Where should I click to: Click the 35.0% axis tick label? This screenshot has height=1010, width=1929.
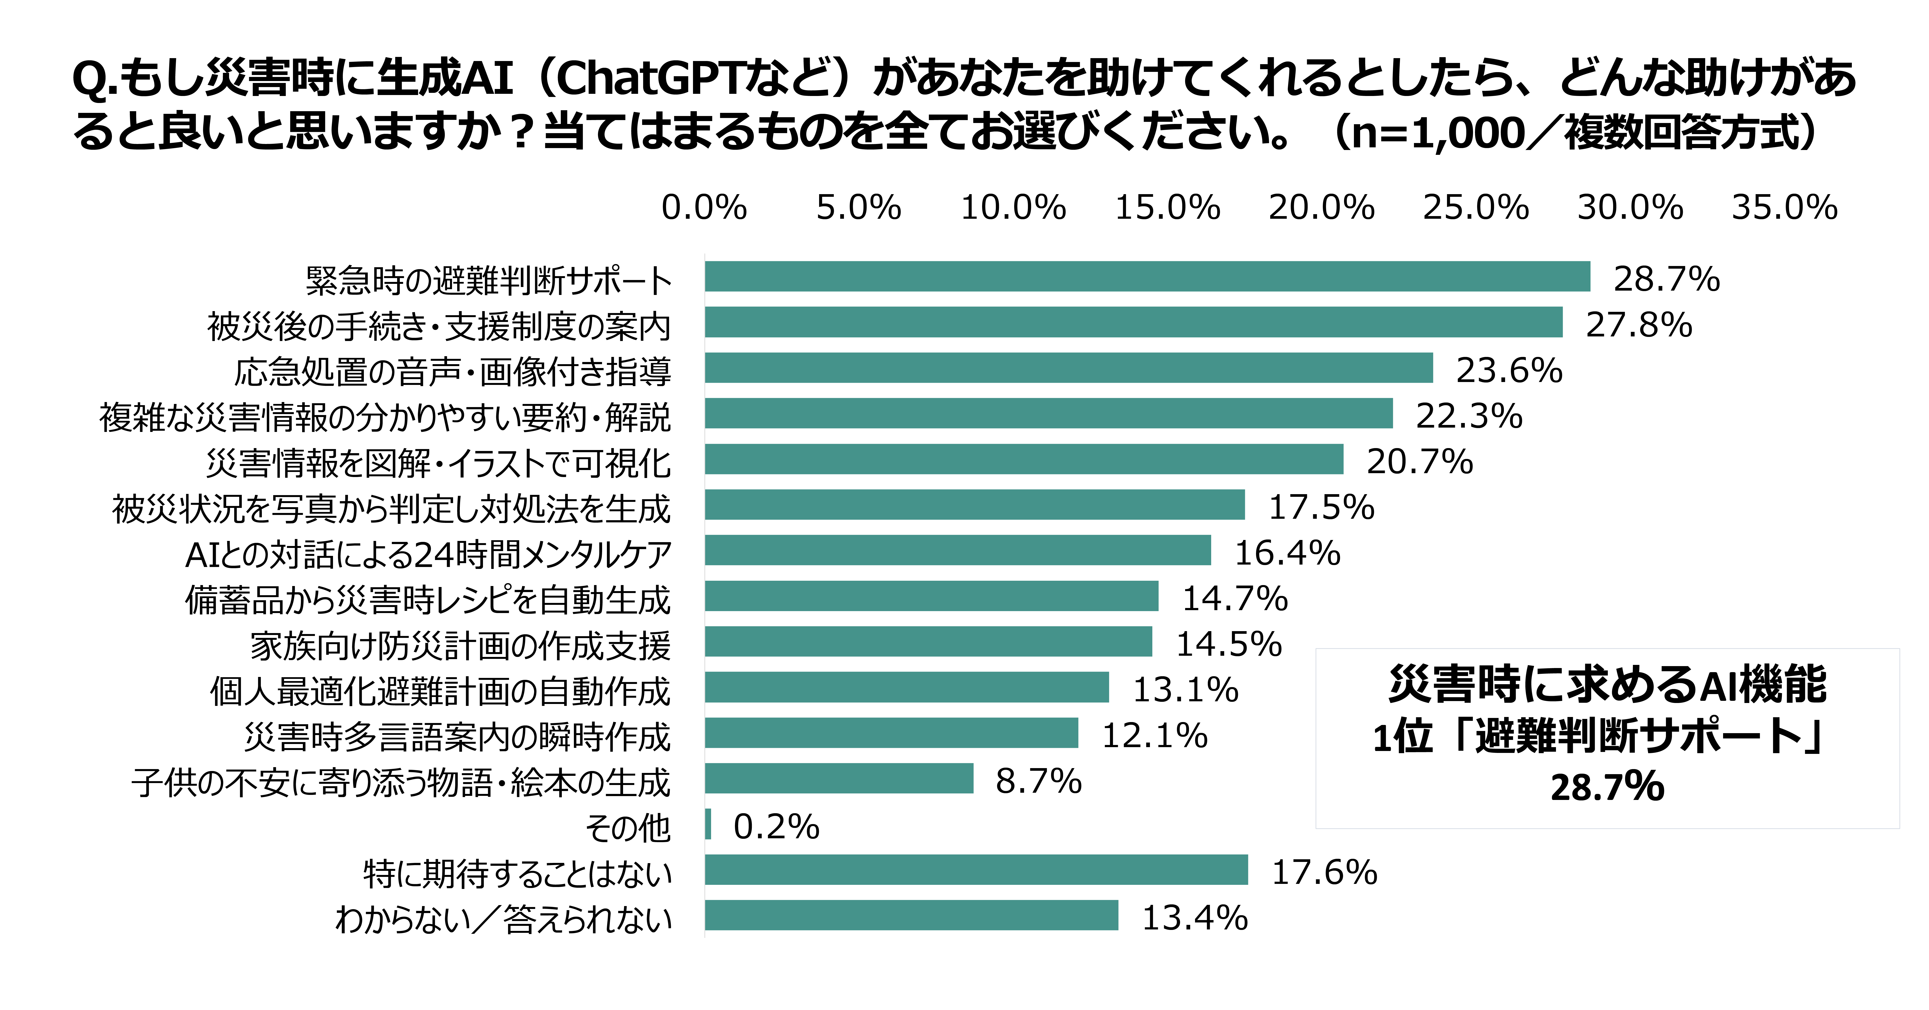coord(1785,207)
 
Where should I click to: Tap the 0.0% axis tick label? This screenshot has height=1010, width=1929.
coord(704,207)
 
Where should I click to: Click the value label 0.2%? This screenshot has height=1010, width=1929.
coord(776,826)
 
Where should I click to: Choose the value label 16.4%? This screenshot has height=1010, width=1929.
coord(1286,553)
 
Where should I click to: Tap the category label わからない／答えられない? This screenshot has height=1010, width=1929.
coord(503,919)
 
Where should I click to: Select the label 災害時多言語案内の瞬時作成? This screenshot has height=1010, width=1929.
coord(457,737)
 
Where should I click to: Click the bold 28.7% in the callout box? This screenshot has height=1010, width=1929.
coord(1607,787)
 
